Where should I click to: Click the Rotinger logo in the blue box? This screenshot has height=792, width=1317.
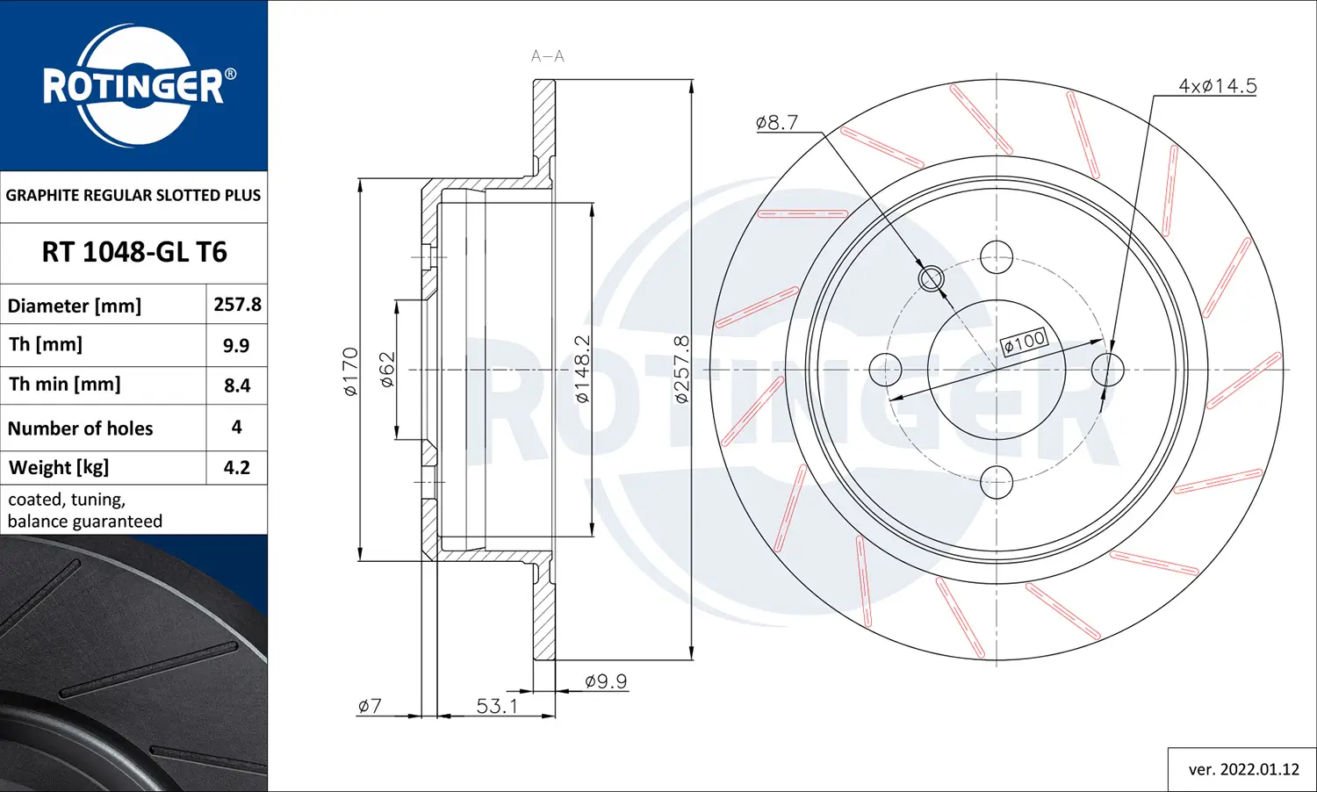pyautogui.click(x=134, y=86)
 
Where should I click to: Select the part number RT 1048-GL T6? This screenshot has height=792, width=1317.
pyautogui.click(x=134, y=253)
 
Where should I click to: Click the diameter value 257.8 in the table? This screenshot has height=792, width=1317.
pyautogui.click(x=237, y=305)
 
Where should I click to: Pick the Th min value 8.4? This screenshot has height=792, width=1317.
pyautogui.click(x=237, y=385)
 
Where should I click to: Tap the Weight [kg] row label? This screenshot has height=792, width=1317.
pyautogui.click(x=59, y=468)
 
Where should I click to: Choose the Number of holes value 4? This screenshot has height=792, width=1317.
pyautogui.click(x=236, y=427)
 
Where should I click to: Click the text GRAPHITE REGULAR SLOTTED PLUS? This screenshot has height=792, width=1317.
pyautogui.click(x=133, y=195)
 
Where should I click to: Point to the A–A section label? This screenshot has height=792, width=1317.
pyautogui.click(x=547, y=56)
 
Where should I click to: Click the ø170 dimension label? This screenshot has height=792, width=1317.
pyautogui.click(x=350, y=372)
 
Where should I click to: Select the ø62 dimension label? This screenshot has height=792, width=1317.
pyautogui.click(x=387, y=370)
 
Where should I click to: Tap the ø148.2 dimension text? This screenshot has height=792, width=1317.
pyautogui.click(x=582, y=370)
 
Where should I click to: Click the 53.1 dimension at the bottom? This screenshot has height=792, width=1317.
pyautogui.click(x=497, y=706)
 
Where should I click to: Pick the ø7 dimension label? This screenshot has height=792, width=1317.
pyautogui.click(x=370, y=706)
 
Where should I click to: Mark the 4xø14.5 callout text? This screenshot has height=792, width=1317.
pyautogui.click(x=1217, y=86)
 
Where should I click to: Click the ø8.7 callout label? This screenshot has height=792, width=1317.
pyautogui.click(x=776, y=123)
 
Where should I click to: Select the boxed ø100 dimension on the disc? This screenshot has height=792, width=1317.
pyautogui.click(x=1024, y=342)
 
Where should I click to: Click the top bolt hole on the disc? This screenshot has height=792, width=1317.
pyautogui.click(x=997, y=258)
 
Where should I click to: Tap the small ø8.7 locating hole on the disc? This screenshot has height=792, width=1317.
pyautogui.click(x=931, y=278)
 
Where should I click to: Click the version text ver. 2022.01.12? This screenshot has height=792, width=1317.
pyautogui.click(x=1243, y=769)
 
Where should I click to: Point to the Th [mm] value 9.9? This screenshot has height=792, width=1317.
pyautogui.click(x=236, y=346)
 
